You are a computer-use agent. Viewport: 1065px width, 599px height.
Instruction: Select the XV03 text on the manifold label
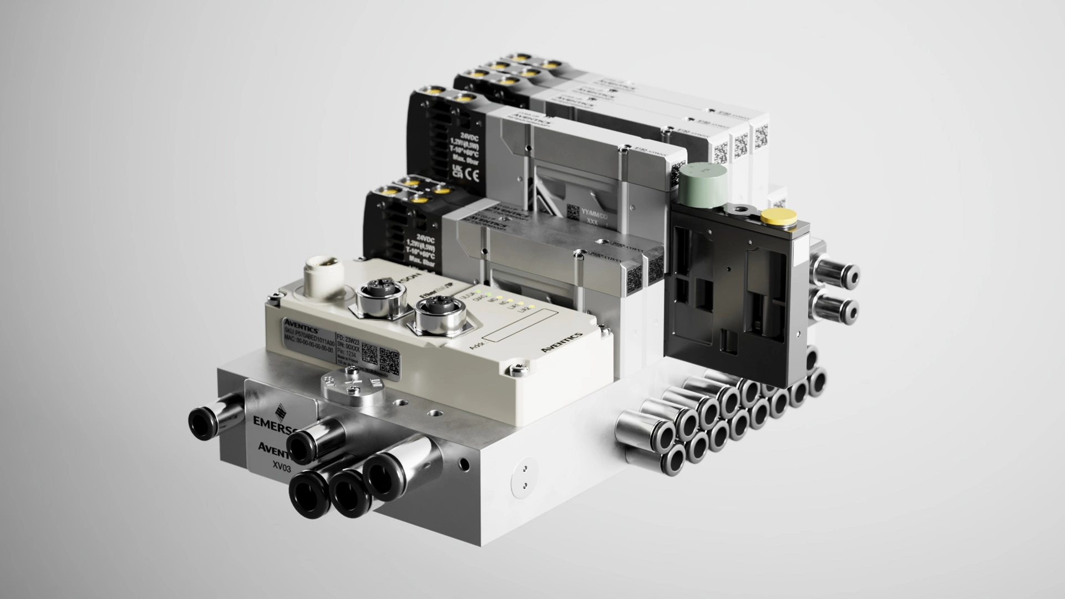tap(282, 466)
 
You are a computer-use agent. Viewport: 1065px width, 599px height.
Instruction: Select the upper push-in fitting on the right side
tap(843, 275)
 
